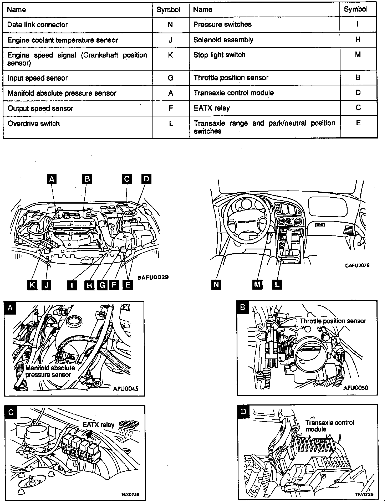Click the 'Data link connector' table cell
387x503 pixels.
coord(38,25)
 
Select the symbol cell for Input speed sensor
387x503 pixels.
coord(171,78)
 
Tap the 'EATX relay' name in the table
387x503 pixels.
coord(212,108)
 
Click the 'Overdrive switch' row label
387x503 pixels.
coord(34,124)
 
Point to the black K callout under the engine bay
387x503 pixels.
coord(32,285)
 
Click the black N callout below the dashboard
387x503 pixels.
coord(216,285)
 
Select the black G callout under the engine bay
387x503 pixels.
coord(102,285)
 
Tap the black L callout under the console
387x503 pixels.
coord(277,285)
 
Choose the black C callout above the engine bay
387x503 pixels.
coord(126,179)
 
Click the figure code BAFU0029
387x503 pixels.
coord(153,277)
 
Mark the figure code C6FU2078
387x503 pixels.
coord(357,265)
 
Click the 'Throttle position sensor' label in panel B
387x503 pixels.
coord(333,321)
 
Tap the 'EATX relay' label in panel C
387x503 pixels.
coord(99,425)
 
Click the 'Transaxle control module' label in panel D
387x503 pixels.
coord(330,426)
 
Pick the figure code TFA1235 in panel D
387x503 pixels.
coord(364,494)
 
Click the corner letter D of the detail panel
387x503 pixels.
coord(243,411)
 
